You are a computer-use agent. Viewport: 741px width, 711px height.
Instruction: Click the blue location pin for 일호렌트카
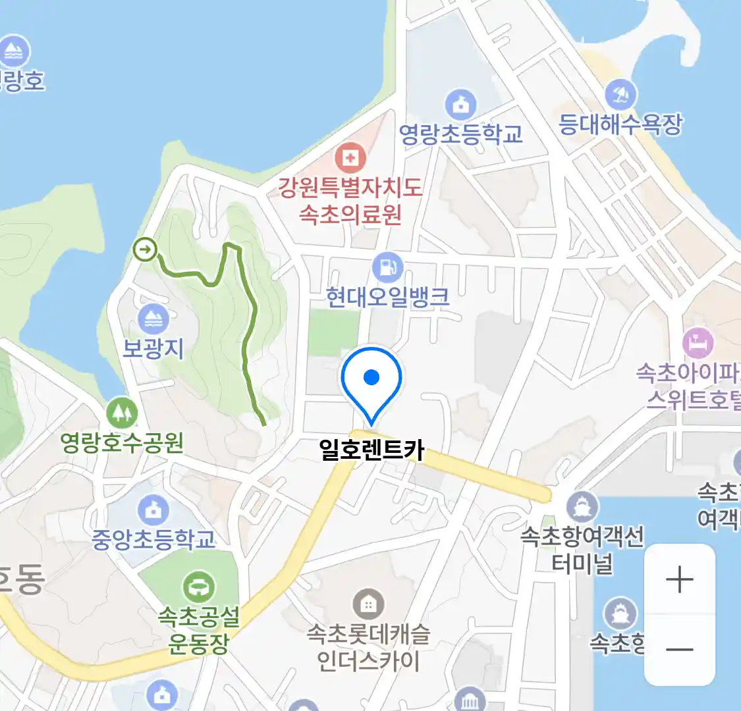371,379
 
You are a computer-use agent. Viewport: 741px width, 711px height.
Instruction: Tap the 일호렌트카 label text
371,450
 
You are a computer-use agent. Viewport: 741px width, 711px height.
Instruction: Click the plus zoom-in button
679,580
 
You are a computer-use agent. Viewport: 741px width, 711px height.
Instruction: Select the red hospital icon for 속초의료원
350,158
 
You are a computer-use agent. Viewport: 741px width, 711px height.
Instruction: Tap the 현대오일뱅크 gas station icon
387,268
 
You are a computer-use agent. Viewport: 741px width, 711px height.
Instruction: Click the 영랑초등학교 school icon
460,104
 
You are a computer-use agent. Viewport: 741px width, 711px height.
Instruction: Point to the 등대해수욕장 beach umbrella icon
620,95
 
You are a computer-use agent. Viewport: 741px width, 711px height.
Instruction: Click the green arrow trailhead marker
145,250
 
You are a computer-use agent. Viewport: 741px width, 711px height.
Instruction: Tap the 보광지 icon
153,319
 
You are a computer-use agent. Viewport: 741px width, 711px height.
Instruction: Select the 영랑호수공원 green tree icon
122,413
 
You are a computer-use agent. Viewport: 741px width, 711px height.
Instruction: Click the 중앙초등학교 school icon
153,510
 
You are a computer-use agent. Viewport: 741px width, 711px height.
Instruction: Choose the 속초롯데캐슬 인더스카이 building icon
368,604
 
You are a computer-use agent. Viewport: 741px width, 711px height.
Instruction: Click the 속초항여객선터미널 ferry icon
582,508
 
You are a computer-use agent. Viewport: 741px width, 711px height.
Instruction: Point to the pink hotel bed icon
698,343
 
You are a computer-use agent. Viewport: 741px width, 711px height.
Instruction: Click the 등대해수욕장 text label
620,124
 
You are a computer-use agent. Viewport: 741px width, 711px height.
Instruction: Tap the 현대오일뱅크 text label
388,298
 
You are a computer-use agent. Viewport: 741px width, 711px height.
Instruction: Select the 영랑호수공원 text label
122,442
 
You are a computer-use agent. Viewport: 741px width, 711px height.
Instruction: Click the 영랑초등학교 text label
460,134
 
